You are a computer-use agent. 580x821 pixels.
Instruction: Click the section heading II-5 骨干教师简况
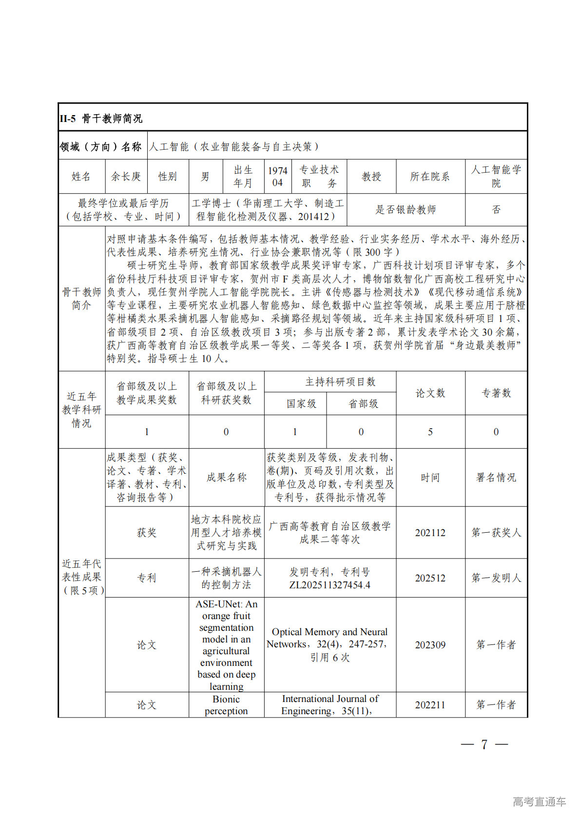point(101,119)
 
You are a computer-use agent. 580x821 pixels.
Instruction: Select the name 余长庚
point(126,177)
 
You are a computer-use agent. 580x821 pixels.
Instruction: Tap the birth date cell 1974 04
point(277,177)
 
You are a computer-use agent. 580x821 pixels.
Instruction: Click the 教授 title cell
point(371,177)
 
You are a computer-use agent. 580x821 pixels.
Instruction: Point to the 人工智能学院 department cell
point(496,177)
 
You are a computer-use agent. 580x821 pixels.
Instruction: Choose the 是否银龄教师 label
point(406,210)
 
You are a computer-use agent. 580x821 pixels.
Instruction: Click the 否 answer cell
point(496,210)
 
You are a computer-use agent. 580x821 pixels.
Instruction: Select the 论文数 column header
point(430,393)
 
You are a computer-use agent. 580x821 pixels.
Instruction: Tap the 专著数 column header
point(496,393)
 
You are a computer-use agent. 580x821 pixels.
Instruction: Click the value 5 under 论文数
point(430,432)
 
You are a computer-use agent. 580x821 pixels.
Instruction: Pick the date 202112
point(430,533)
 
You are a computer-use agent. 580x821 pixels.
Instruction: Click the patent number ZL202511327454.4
point(330,584)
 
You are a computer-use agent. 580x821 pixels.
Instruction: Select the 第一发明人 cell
point(496,578)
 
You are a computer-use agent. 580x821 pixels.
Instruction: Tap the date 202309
point(430,645)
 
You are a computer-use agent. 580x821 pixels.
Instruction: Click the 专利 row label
point(146,578)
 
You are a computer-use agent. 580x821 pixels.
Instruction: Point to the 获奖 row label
point(146,533)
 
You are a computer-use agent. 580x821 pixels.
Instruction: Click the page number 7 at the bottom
point(484,744)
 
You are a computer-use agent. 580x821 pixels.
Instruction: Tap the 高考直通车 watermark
point(539,801)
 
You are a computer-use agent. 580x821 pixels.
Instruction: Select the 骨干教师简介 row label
point(81,299)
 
